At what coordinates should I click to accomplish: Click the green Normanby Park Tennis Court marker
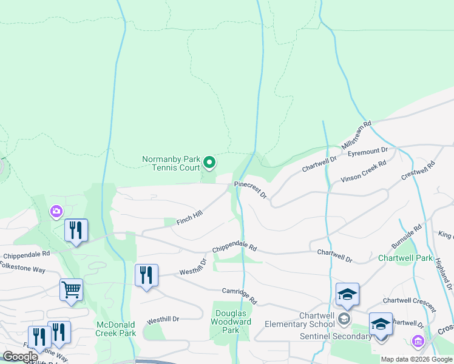[209, 162]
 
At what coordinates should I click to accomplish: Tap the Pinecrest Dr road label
[251, 189]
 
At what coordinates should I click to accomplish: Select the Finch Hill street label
[189, 218]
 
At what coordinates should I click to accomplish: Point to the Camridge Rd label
[240, 296]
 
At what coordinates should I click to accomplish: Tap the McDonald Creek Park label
[116, 328]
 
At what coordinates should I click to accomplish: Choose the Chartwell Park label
[405, 258]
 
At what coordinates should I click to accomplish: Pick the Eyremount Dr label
[368, 151]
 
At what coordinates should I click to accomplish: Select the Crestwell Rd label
[419, 171]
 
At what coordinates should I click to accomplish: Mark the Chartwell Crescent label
[409, 301]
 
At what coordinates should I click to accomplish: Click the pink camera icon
[56, 211]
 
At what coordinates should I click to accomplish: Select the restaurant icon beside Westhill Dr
[146, 275]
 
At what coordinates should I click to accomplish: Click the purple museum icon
[418, 342]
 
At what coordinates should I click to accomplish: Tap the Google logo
[20, 356]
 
